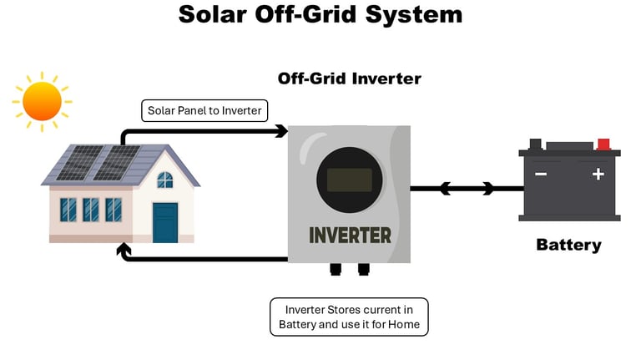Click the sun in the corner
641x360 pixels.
pos(42,101)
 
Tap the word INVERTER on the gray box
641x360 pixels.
pos(350,236)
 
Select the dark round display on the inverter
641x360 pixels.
pos(350,180)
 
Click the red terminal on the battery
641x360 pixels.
pos(603,144)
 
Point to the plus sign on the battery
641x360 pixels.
pos(598,175)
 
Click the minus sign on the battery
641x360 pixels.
pos(541,175)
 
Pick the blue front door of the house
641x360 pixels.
pos(165,222)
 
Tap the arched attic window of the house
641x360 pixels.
pos(165,180)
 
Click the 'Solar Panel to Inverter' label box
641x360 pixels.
pos(204,110)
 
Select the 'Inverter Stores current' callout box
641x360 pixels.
pos(349,317)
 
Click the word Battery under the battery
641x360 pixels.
pos(568,245)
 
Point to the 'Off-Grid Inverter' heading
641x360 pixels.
pos(349,79)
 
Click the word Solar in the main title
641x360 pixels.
pos(213,14)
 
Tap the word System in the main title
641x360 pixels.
pos(414,15)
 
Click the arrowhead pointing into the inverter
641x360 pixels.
pos(281,131)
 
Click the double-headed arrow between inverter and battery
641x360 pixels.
pos(467,189)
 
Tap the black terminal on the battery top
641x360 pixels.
pos(536,145)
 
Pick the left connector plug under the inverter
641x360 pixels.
pos(336,269)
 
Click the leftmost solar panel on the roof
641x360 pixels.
pos(80,162)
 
